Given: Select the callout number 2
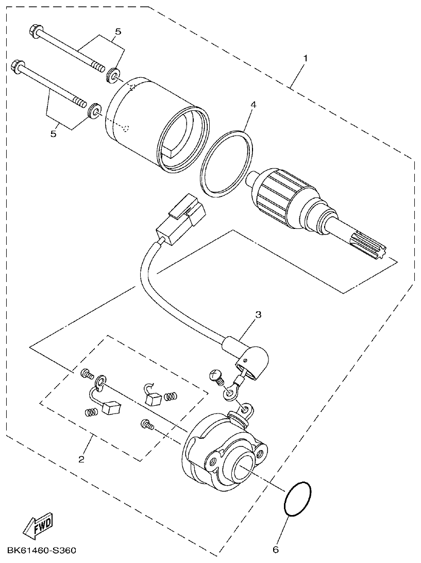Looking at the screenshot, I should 81,459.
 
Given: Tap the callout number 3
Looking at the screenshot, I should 259,313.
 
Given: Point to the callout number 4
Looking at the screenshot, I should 252,105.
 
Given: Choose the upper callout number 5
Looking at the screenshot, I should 118,32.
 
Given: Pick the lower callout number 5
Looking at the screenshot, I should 53,134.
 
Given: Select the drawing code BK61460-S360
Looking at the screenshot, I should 42,552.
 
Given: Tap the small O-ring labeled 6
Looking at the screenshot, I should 297,499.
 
